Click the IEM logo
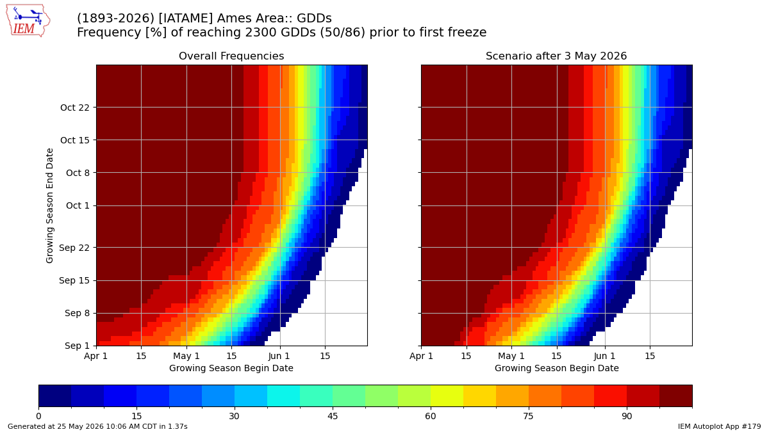[28, 21]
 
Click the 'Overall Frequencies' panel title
[231, 56]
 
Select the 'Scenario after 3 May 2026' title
[556, 56]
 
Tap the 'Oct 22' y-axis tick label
[75, 108]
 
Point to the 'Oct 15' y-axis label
[75, 140]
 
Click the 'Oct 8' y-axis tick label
[78, 173]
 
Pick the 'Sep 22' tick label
[74, 248]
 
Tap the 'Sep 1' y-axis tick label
[77, 346]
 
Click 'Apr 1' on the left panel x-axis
[95, 356]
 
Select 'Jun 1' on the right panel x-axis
[605, 356]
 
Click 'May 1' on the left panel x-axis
[186, 356]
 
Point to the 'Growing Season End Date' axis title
[49, 205]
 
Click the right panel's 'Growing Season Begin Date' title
[556, 368]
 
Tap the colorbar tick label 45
[333, 416]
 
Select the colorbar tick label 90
[627, 416]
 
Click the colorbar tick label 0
[39, 416]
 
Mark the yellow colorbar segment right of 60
[447, 396]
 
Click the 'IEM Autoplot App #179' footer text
[719, 426]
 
